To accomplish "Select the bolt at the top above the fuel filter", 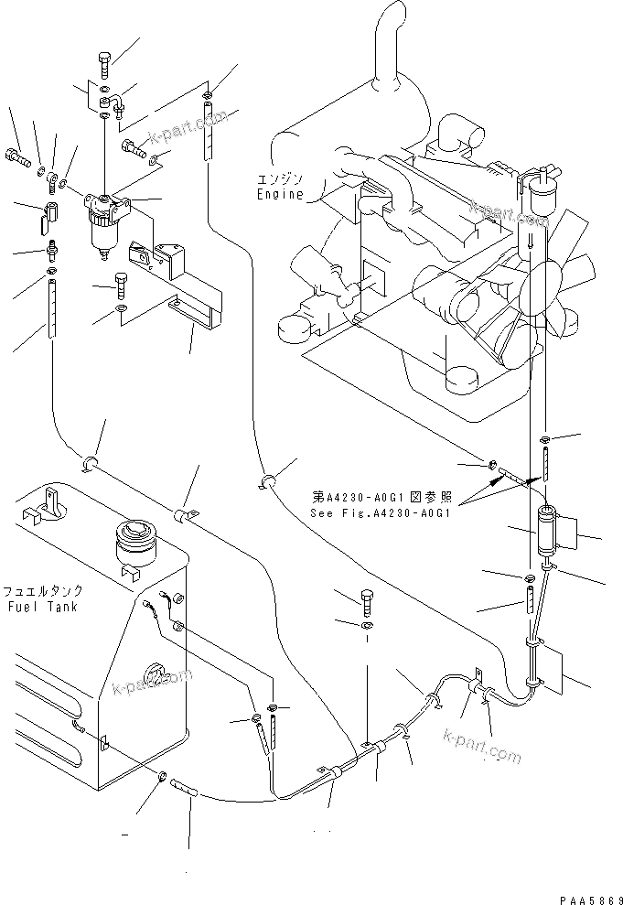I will (x=102, y=65).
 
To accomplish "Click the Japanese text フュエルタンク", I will (x=42, y=592).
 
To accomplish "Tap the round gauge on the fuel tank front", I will (x=156, y=676).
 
